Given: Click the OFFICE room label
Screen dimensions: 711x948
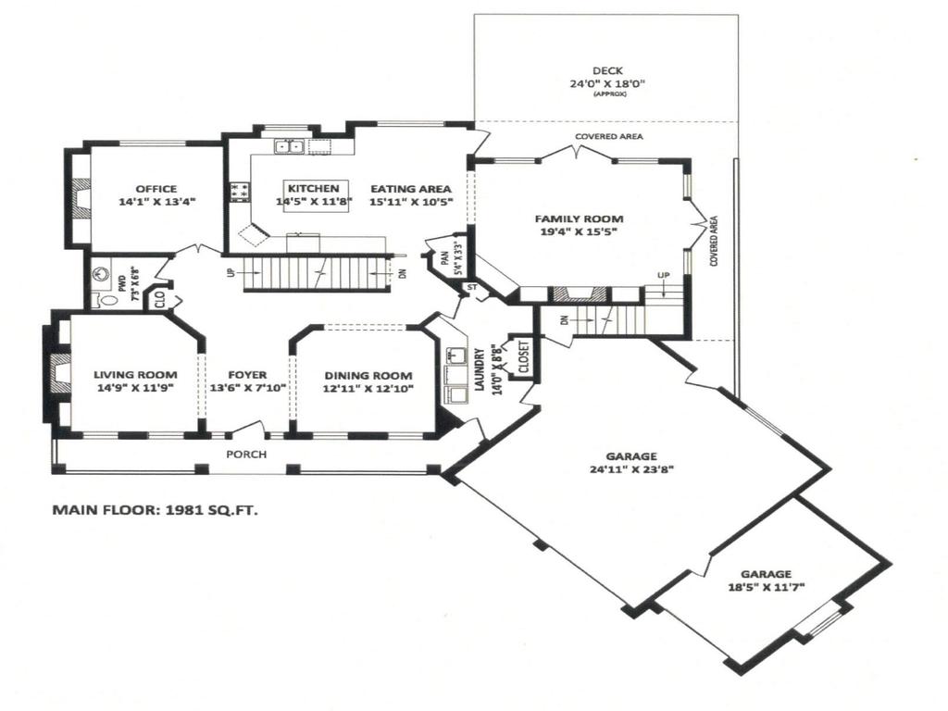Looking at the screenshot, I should [156, 189].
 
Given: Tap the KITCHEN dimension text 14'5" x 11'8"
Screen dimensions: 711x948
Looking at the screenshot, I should [314, 201].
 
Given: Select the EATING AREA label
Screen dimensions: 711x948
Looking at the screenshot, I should [410, 189].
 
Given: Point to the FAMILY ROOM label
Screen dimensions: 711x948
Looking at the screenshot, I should [579, 219].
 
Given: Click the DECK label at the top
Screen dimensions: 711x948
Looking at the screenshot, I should [607, 70].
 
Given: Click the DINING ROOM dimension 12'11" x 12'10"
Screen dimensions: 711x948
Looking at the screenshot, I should [368, 388].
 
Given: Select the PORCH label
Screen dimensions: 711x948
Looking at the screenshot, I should [246, 454].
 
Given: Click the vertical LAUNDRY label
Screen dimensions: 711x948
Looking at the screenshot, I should [480, 370].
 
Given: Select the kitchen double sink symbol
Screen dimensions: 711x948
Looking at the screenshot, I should [289, 146].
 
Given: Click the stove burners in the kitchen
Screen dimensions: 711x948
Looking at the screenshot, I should [239, 191].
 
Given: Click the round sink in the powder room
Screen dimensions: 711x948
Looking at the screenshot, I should [103, 275].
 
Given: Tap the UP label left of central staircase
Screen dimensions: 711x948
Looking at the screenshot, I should [230, 273].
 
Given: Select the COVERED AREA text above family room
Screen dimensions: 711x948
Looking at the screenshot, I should [608, 137].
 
